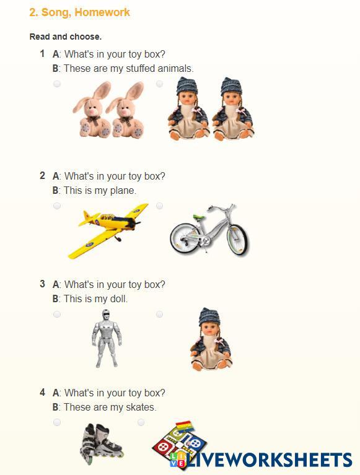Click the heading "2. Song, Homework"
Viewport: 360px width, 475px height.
(79, 12)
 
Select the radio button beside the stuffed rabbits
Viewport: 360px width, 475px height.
(57, 84)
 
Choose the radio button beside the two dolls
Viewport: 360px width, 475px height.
(159, 84)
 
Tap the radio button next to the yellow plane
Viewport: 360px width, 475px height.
(57, 206)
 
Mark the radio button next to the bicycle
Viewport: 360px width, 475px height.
(159, 206)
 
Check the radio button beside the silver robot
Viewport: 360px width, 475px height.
(57, 314)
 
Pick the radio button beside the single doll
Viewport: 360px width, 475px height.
(159, 314)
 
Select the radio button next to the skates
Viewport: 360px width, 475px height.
(57, 422)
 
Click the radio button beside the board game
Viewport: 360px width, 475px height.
(141, 422)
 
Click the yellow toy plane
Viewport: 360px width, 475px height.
(108, 230)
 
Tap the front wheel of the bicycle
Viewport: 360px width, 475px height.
(238, 239)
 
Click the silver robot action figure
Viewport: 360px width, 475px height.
(107, 338)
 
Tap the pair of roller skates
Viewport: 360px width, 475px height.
(101, 444)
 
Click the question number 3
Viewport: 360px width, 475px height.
(42, 284)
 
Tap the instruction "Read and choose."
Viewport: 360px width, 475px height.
(66, 37)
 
